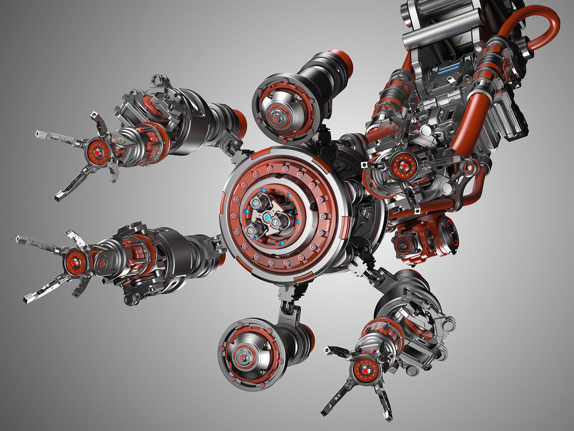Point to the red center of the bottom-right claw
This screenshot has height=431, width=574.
pyautogui.click(x=365, y=371)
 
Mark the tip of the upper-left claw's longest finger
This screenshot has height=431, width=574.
pyautogui.click(x=37, y=134)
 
